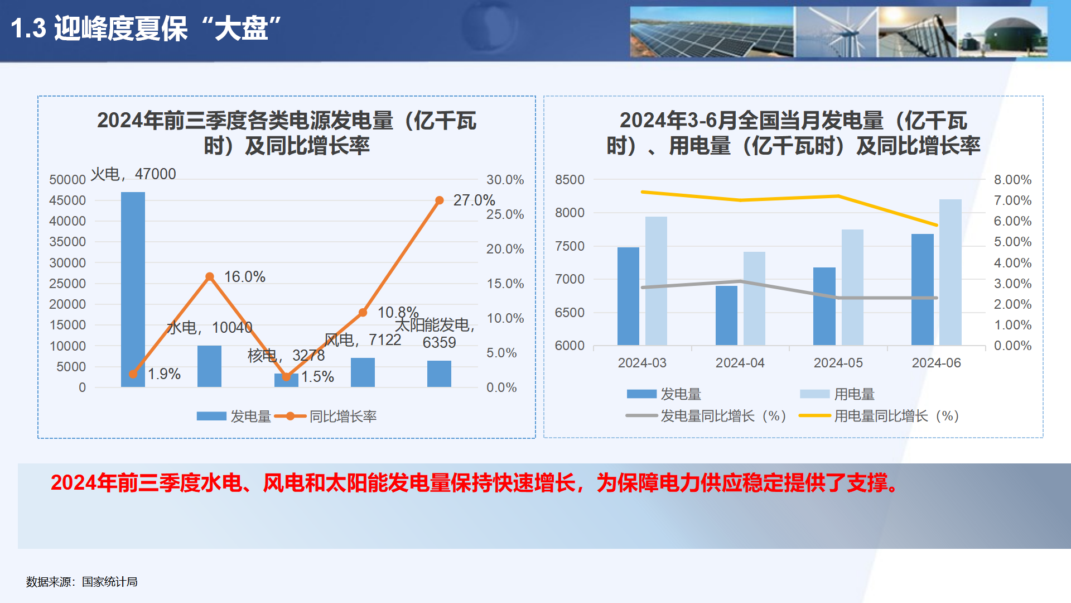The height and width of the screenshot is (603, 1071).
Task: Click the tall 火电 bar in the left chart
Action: (x=133, y=279)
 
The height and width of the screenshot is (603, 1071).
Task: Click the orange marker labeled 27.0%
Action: (x=440, y=200)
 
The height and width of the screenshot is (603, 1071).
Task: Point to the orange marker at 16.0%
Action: (x=210, y=276)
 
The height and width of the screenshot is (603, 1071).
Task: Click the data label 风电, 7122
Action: (x=363, y=339)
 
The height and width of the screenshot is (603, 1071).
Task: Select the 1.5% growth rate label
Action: (x=317, y=377)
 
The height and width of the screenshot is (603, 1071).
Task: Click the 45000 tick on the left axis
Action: (x=67, y=200)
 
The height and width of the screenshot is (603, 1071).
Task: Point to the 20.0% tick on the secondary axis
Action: (x=505, y=249)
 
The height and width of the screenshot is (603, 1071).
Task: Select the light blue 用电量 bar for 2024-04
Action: (x=754, y=298)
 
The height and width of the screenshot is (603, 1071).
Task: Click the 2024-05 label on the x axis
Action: (x=838, y=363)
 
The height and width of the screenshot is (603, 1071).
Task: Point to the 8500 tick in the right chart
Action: (x=570, y=180)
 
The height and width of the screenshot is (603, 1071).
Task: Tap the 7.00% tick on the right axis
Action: (x=1012, y=200)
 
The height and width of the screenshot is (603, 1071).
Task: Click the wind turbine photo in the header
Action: (x=835, y=32)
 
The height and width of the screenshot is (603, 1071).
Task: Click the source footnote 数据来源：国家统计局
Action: (x=82, y=582)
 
